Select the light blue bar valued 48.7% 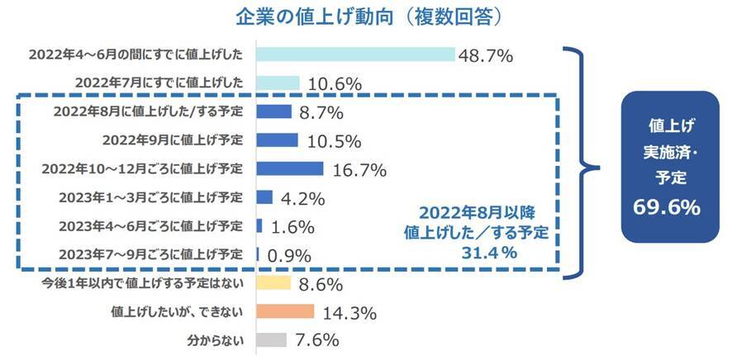click(355, 54)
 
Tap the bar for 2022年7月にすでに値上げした click(278, 83)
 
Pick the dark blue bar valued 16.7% click(289, 168)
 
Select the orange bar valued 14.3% click(285, 311)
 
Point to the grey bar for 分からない click(271, 339)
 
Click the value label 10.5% click(330, 140)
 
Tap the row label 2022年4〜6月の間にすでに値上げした click(135, 54)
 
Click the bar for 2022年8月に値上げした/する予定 click(273, 111)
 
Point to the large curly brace click(582, 161)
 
